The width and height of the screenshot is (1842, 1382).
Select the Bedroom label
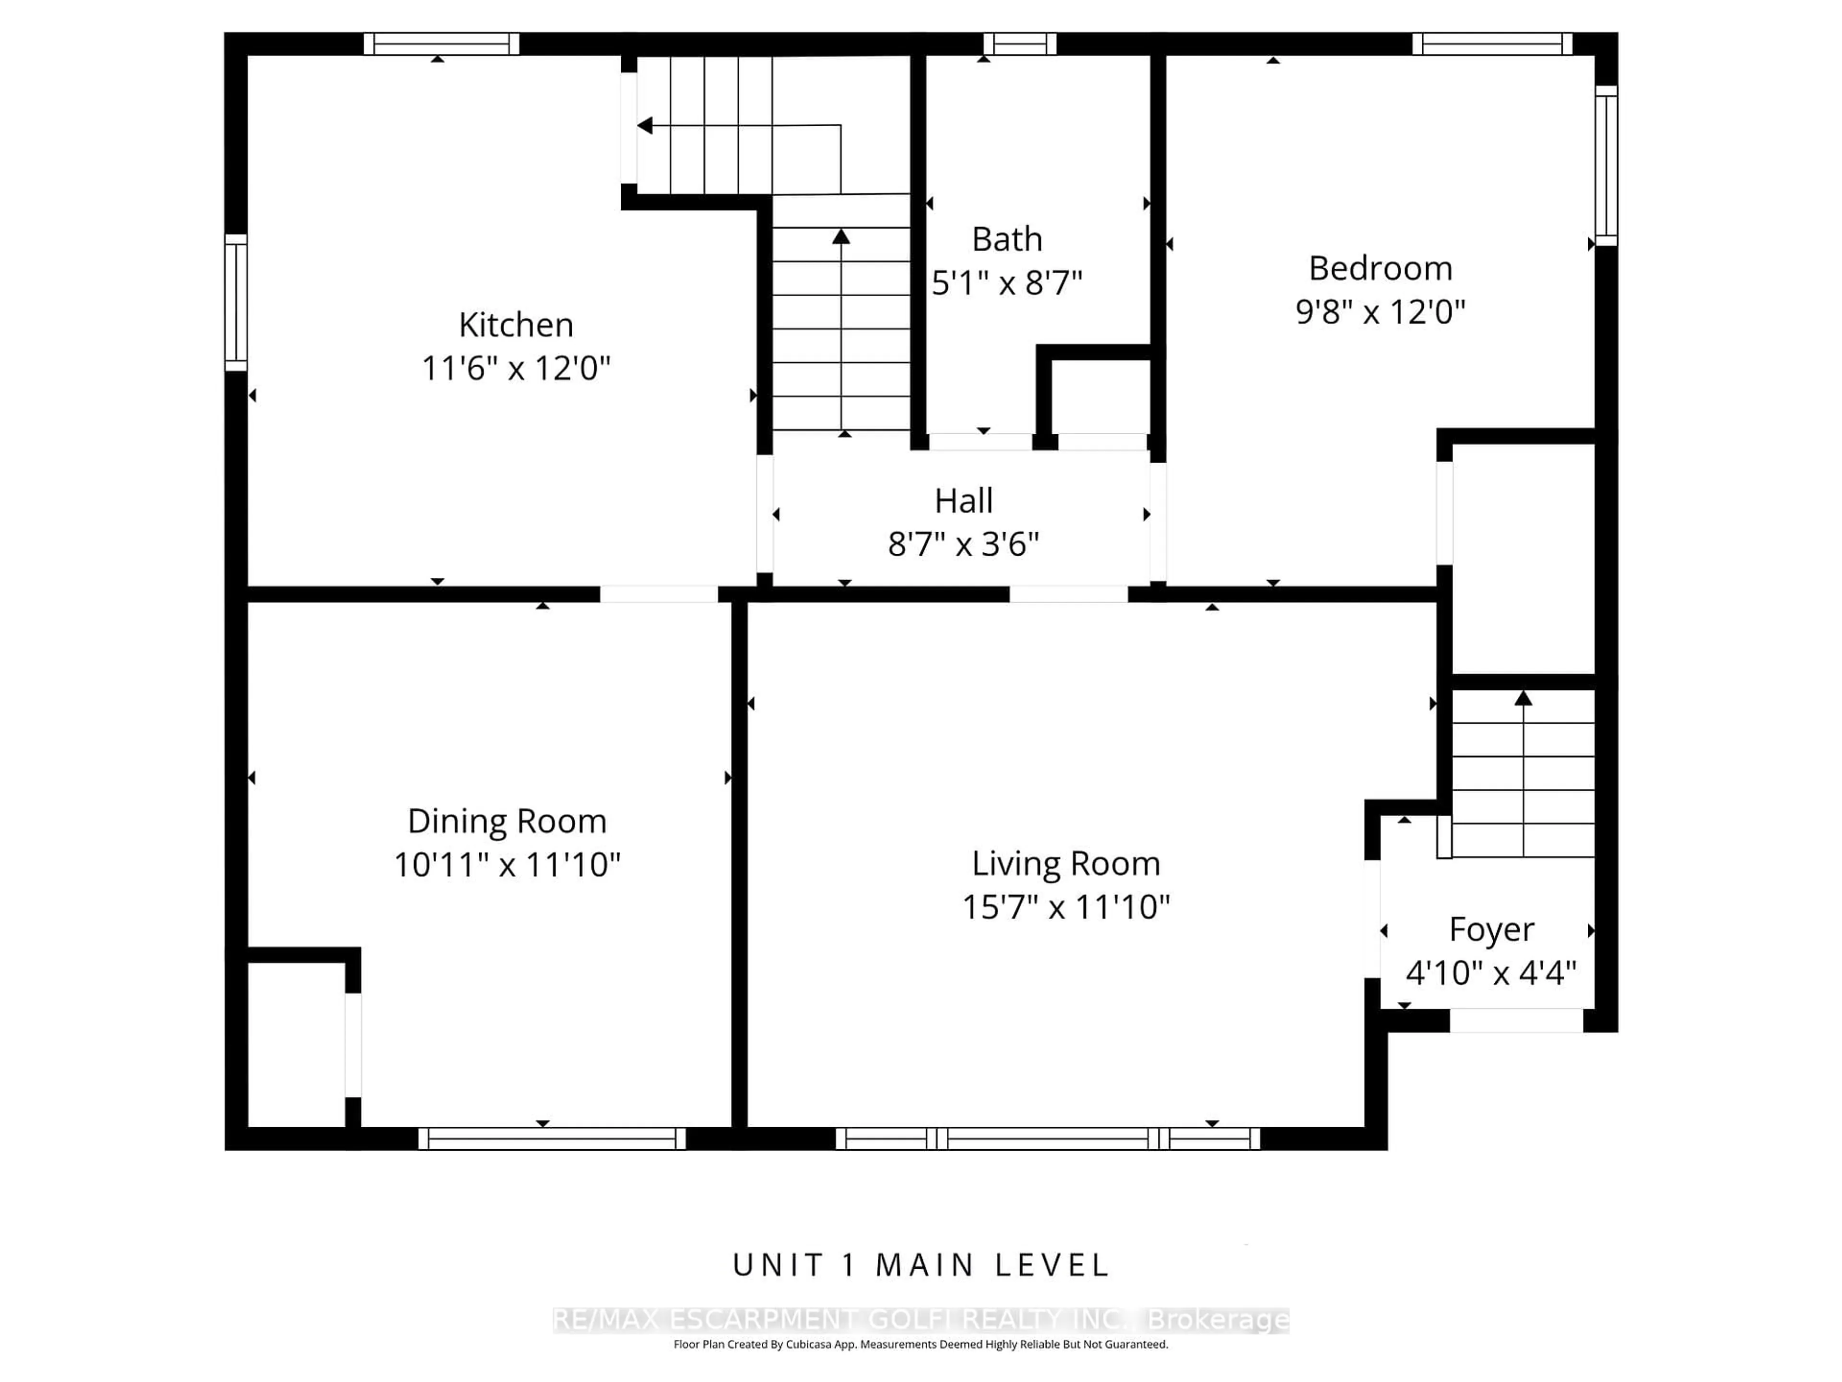click(x=1380, y=268)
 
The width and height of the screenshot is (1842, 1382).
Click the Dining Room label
click(x=506, y=822)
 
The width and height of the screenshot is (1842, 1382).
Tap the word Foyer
click(x=1490, y=929)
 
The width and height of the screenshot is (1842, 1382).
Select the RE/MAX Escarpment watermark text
click(x=920, y=1320)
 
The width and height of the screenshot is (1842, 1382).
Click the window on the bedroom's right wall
click(x=1606, y=165)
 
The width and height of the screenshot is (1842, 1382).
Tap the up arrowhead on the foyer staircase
click(x=1523, y=698)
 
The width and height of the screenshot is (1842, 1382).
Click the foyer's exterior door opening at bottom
click(x=1515, y=1021)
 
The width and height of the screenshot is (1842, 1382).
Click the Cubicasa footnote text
click(x=920, y=1344)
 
